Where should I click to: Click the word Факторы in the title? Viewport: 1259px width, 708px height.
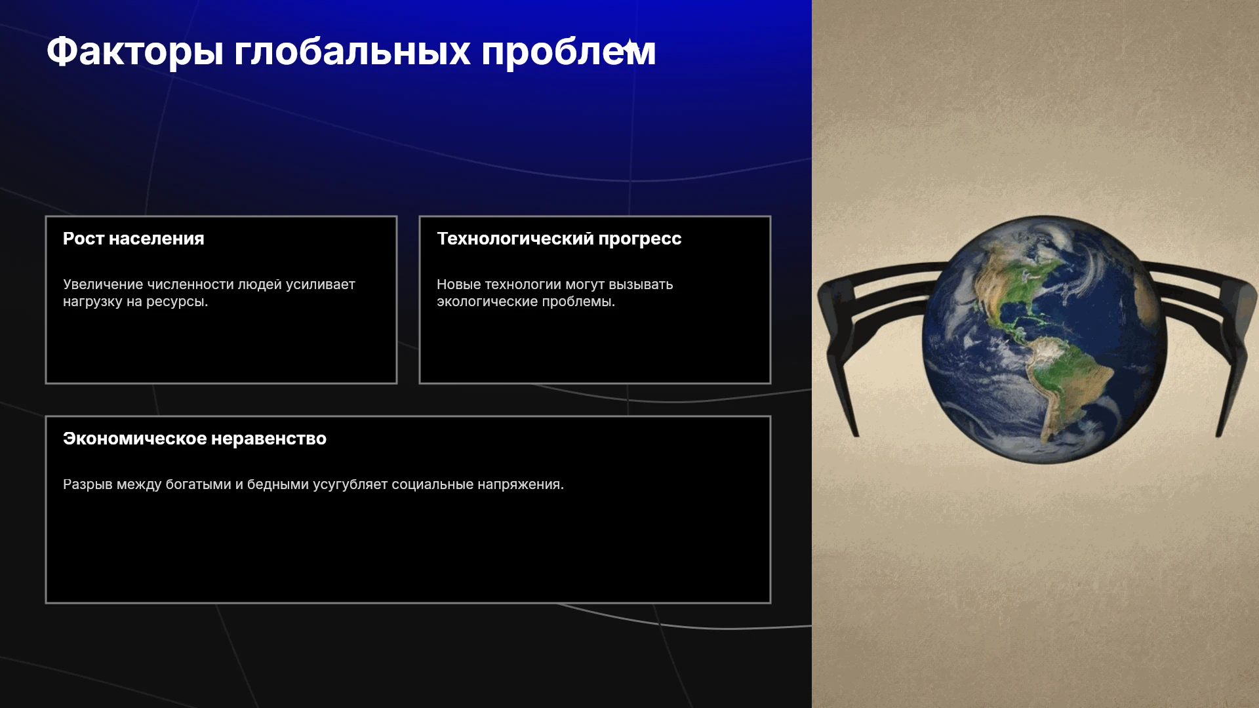tap(135, 52)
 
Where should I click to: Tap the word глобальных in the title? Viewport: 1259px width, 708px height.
tap(352, 51)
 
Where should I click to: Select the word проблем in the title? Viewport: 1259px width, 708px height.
tap(569, 52)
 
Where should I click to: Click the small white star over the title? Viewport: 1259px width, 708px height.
tap(629, 47)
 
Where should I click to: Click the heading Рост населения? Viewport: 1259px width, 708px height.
tap(134, 239)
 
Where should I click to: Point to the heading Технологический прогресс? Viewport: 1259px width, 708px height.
tap(559, 239)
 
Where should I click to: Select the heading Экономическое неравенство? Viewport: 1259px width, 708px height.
tap(195, 439)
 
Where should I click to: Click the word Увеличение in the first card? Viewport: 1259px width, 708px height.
tap(103, 285)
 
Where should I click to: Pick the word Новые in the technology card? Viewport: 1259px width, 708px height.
tap(459, 285)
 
